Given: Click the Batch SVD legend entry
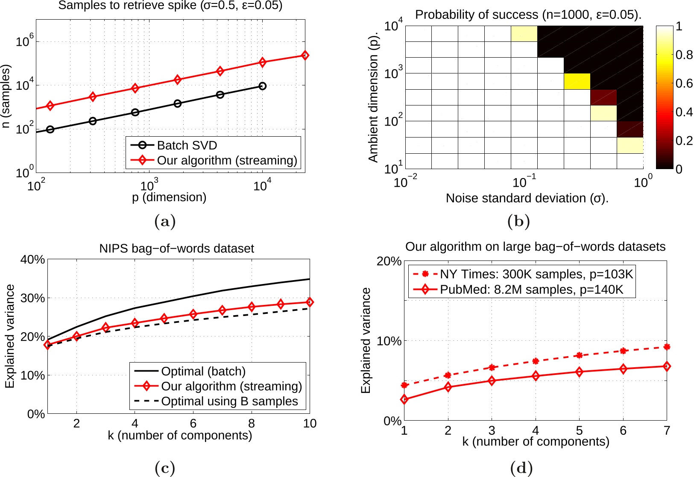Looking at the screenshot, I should [x=187, y=145].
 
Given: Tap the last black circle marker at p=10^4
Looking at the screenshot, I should [x=262, y=86].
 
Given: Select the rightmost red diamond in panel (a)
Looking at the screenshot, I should [x=305, y=55].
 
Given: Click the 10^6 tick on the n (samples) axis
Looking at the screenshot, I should [x=25, y=41].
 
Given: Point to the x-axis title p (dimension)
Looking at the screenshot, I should [x=169, y=197].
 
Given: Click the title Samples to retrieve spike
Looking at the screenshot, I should [x=170, y=6].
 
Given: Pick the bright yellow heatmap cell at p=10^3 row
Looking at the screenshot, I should [x=577, y=81].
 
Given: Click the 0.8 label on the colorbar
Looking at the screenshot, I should [x=684, y=55].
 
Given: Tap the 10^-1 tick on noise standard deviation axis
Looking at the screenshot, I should [x=524, y=182].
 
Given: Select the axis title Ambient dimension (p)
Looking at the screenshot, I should [x=373, y=97].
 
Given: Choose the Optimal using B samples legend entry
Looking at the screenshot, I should [x=229, y=401].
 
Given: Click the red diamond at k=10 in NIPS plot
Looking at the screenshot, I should [x=310, y=302].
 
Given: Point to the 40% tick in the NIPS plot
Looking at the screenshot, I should [x=32, y=259].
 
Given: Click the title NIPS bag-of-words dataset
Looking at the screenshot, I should [x=176, y=249].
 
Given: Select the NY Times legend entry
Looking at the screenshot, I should [x=536, y=274].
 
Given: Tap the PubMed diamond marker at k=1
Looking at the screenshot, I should [x=404, y=399].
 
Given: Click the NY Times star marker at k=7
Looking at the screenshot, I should [x=667, y=347].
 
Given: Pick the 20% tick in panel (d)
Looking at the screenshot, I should [x=388, y=261].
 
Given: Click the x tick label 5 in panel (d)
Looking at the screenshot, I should [x=579, y=430].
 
